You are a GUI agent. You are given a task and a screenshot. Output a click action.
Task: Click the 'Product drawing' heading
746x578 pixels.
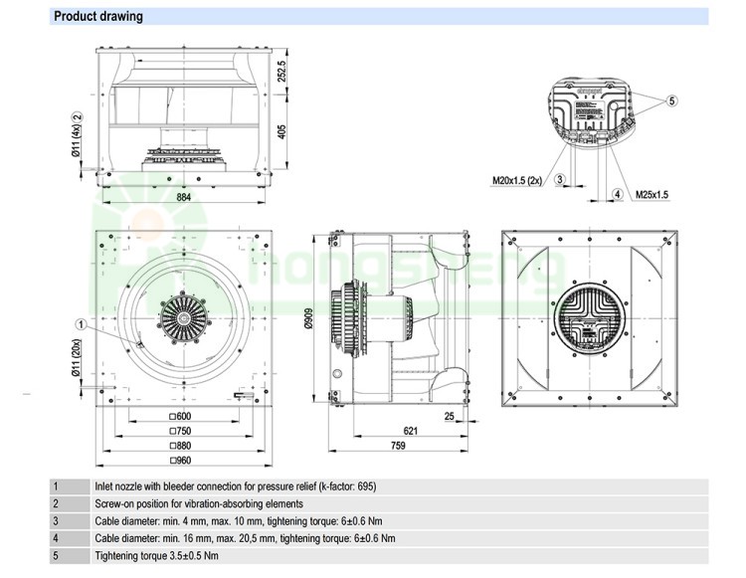coord(98,17)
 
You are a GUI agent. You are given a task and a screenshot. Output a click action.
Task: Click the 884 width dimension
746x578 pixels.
coord(184,198)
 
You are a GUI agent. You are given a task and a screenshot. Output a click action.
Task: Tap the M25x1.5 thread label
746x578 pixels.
coord(653,195)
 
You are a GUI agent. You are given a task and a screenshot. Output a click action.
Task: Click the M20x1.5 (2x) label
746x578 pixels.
coord(517,181)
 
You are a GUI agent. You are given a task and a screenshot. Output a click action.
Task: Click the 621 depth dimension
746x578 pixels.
coord(410,431)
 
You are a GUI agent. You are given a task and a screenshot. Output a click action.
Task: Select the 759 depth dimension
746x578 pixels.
coord(397,447)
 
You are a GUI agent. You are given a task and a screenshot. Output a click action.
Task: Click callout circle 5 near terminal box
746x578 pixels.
coord(671,101)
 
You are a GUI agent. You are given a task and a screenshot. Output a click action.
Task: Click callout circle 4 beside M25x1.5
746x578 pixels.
coord(617,194)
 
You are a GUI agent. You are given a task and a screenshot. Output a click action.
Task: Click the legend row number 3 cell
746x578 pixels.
coord(56,520)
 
